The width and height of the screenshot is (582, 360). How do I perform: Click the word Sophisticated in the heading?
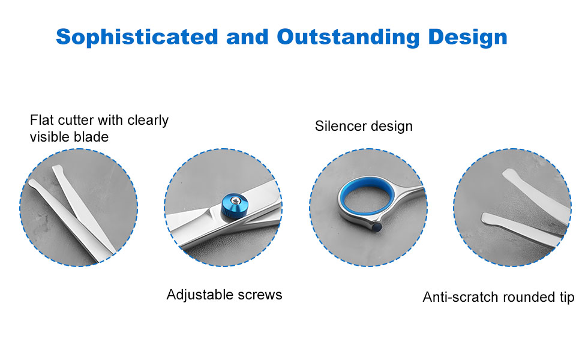tap(137, 37)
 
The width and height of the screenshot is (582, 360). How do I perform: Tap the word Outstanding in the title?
tap(348, 37)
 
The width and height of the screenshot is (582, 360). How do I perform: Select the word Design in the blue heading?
tap(467, 37)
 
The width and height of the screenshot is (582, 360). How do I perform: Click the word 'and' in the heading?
tap(247, 37)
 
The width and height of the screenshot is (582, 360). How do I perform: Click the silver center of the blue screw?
tap(235, 201)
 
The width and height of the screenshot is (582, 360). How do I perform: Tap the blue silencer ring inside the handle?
tap(367, 196)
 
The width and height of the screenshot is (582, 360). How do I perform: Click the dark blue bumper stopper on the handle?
tap(376, 227)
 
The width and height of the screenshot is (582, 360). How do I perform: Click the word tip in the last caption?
tap(566, 297)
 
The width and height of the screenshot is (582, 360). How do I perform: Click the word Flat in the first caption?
tap(42, 120)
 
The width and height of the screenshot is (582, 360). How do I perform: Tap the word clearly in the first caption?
tap(148, 121)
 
